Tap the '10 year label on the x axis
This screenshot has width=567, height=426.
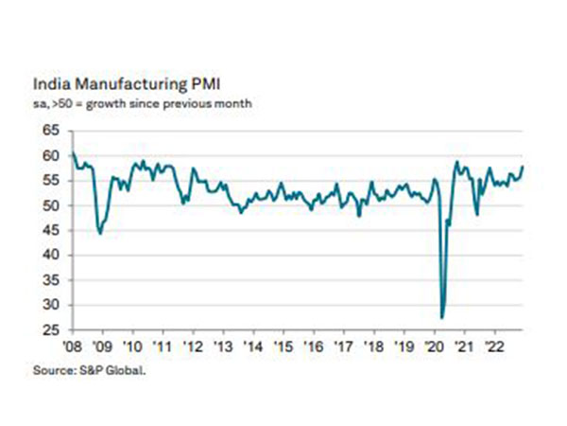[x=132, y=346]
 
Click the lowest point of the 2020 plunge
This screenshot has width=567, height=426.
[x=442, y=317]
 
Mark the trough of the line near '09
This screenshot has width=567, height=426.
[x=100, y=233]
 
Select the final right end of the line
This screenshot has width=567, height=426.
[x=524, y=167]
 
